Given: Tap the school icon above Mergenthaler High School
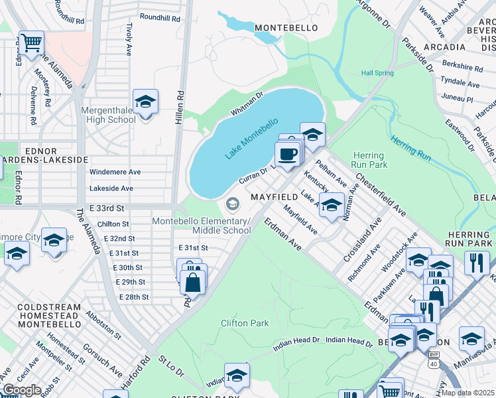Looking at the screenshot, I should [x=145, y=102].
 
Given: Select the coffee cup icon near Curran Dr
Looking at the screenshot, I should [x=287, y=154].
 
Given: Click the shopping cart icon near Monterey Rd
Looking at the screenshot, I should [x=31, y=43].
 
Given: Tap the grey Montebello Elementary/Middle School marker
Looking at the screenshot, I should [x=232, y=203].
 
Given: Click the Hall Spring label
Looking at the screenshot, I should [x=377, y=73].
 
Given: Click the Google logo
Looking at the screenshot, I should [x=22, y=389].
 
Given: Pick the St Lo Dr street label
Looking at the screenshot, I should [x=171, y=366].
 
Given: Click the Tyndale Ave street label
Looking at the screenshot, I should [x=461, y=84].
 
